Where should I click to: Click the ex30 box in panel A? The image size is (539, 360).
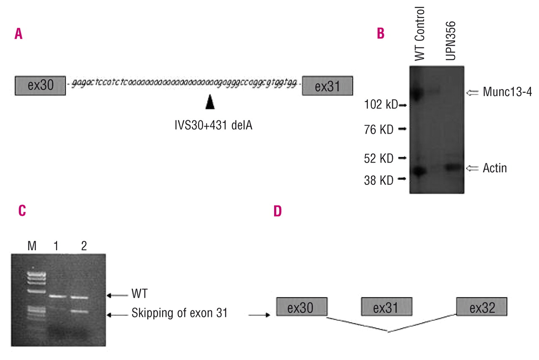tap(40, 86)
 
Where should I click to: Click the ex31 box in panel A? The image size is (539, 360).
tap(327, 86)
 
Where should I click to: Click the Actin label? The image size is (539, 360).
tap(494, 168)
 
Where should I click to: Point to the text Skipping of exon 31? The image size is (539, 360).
tap(179, 313)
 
